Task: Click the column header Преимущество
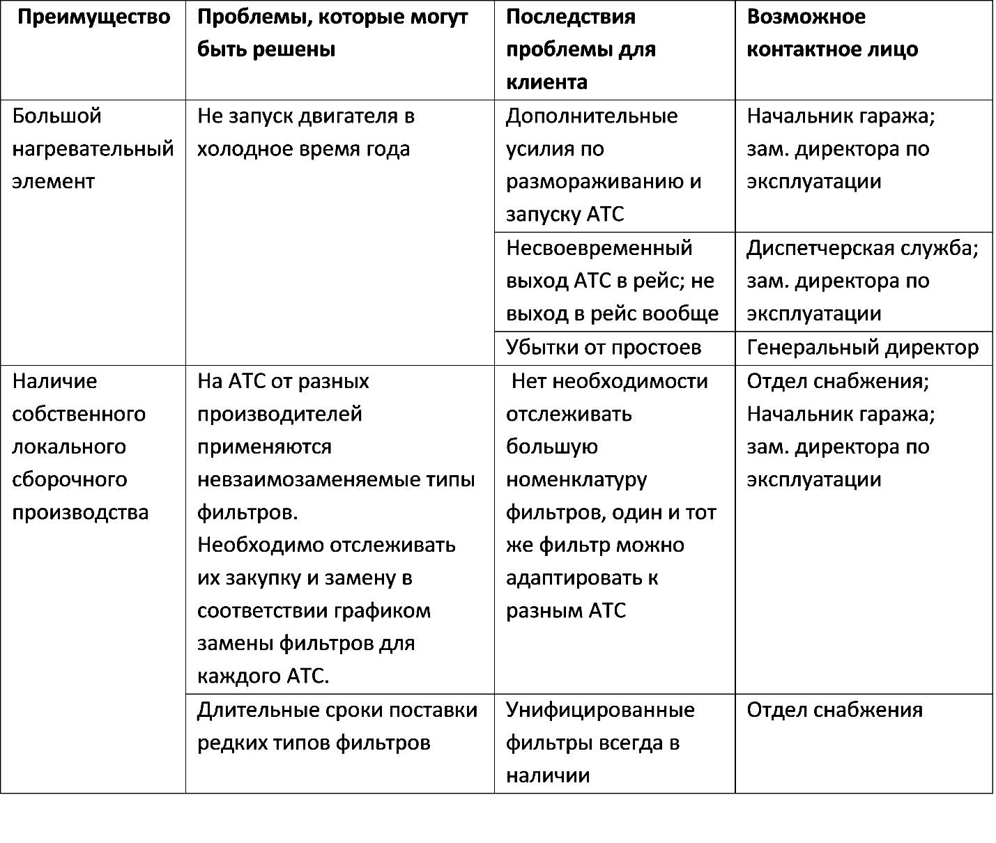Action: click(x=93, y=17)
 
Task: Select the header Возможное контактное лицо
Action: click(x=832, y=33)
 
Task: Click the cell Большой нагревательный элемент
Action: click(x=93, y=148)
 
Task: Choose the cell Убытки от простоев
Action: click(x=604, y=348)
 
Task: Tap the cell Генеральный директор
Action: click(x=863, y=348)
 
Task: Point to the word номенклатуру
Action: click(x=576, y=479)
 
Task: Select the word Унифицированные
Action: click(x=600, y=710)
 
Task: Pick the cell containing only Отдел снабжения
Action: click(x=835, y=710)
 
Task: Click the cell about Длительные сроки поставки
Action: click(x=337, y=727)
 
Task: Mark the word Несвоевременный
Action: click(x=599, y=248)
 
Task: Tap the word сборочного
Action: click(x=70, y=479)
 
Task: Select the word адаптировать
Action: click(x=574, y=578)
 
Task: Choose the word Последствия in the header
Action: click(x=571, y=17)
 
